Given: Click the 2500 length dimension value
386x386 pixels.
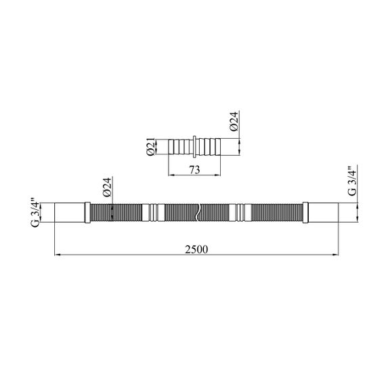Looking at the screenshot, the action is pos(196,249).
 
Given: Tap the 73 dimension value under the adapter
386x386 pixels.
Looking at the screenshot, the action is pos(194,170).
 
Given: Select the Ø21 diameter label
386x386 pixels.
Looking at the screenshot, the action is pos(151,147).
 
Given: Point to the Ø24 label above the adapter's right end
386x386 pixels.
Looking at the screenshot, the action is pos(234,121).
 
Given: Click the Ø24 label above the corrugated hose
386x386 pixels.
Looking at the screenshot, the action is pos(107,187).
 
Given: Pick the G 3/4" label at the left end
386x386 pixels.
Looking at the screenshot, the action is pos(35,212).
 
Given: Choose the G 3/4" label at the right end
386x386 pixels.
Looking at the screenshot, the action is pos(352,181).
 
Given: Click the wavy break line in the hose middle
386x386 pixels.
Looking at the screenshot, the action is pos(198,213).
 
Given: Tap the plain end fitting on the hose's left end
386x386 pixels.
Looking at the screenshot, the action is pos(70,213).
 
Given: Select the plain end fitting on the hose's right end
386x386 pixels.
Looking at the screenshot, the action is pos(323,213).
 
